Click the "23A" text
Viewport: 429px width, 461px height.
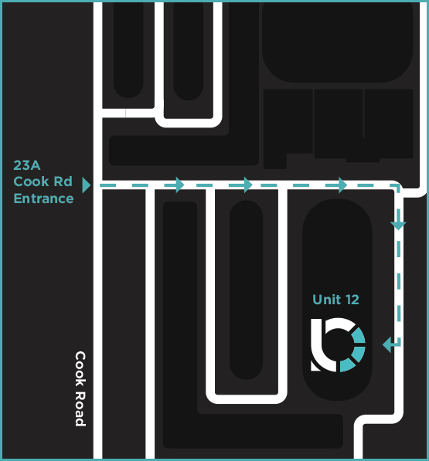[x=27, y=165]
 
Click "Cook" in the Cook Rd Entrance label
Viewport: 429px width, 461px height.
[x=31, y=181]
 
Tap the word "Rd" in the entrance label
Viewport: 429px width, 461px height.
[x=63, y=181]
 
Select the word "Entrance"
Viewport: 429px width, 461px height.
[x=43, y=198]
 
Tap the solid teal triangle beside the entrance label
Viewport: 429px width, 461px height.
[x=86, y=185]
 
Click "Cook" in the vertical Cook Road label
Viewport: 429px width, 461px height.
[x=80, y=368]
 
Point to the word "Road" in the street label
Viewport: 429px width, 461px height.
[x=80, y=408]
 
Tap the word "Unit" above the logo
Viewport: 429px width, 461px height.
[x=326, y=300]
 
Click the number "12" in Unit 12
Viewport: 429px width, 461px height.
[x=352, y=300]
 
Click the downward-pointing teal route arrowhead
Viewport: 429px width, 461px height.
[x=398, y=225]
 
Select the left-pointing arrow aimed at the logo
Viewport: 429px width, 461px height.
[x=392, y=344]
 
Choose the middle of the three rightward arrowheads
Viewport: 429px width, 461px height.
[x=248, y=185]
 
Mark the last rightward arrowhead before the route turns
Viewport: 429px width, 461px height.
[x=342, y=185]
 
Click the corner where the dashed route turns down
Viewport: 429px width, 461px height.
[x=399, y=185]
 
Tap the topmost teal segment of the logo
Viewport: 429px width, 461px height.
[x=359, y=335]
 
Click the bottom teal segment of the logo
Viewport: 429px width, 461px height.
[x=348, y=366]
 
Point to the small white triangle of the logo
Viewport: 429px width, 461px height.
[x=315, y=366]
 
